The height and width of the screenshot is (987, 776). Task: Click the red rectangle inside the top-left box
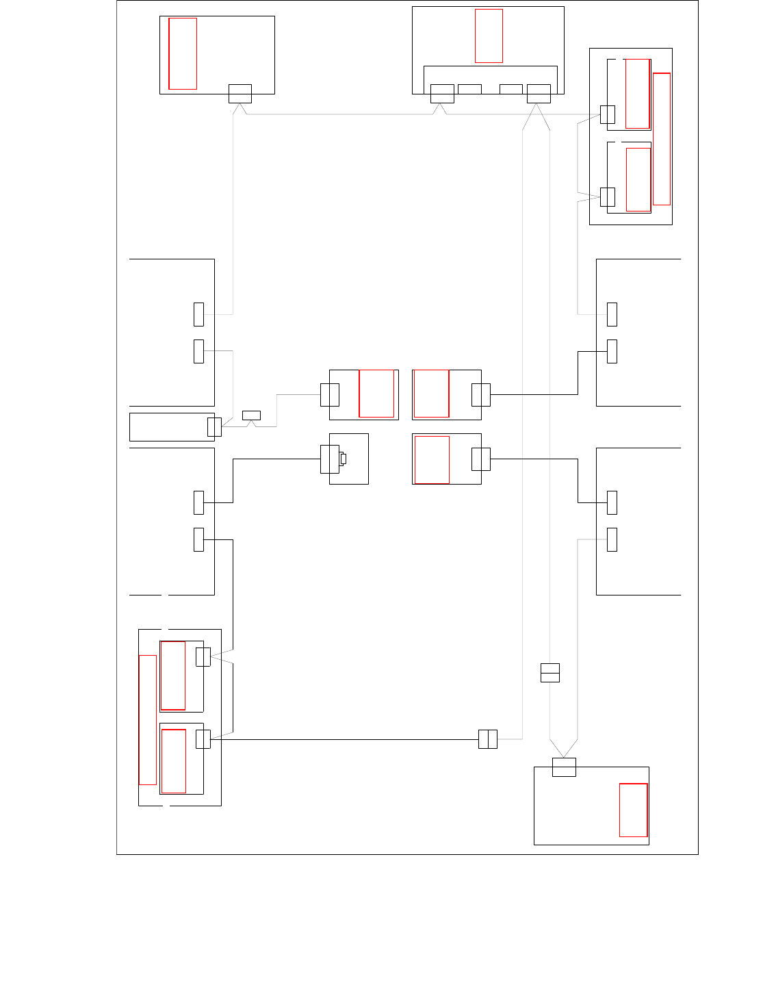[183, 53]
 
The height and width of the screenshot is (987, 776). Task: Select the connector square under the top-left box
[240, 94]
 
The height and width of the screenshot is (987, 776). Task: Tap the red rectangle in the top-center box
[489, 36]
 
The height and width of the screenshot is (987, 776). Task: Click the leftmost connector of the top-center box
[442, 94]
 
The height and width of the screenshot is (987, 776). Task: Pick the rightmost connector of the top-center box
[539, 94]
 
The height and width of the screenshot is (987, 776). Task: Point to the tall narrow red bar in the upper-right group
[661, 139]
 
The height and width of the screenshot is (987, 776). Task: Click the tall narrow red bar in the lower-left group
[148, 719]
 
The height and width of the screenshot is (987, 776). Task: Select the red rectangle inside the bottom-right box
[633, 810]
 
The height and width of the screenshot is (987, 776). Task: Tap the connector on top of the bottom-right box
[564, 767]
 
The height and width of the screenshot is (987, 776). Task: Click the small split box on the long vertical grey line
[550, 673]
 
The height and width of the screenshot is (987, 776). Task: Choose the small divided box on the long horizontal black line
[488, 739]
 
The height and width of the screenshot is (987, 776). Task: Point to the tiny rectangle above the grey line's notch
[251, 415]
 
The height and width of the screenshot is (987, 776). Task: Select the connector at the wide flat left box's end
[214, 427]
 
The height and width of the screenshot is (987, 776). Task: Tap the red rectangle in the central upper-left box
[376, 394]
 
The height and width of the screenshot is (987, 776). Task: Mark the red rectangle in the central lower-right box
[432, 460]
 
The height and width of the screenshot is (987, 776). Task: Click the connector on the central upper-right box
[481, 395]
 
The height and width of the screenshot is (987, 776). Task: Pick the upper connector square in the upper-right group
[607, 114]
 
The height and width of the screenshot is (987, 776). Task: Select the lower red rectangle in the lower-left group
[174, 761]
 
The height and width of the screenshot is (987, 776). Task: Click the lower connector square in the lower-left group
[203, 739]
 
